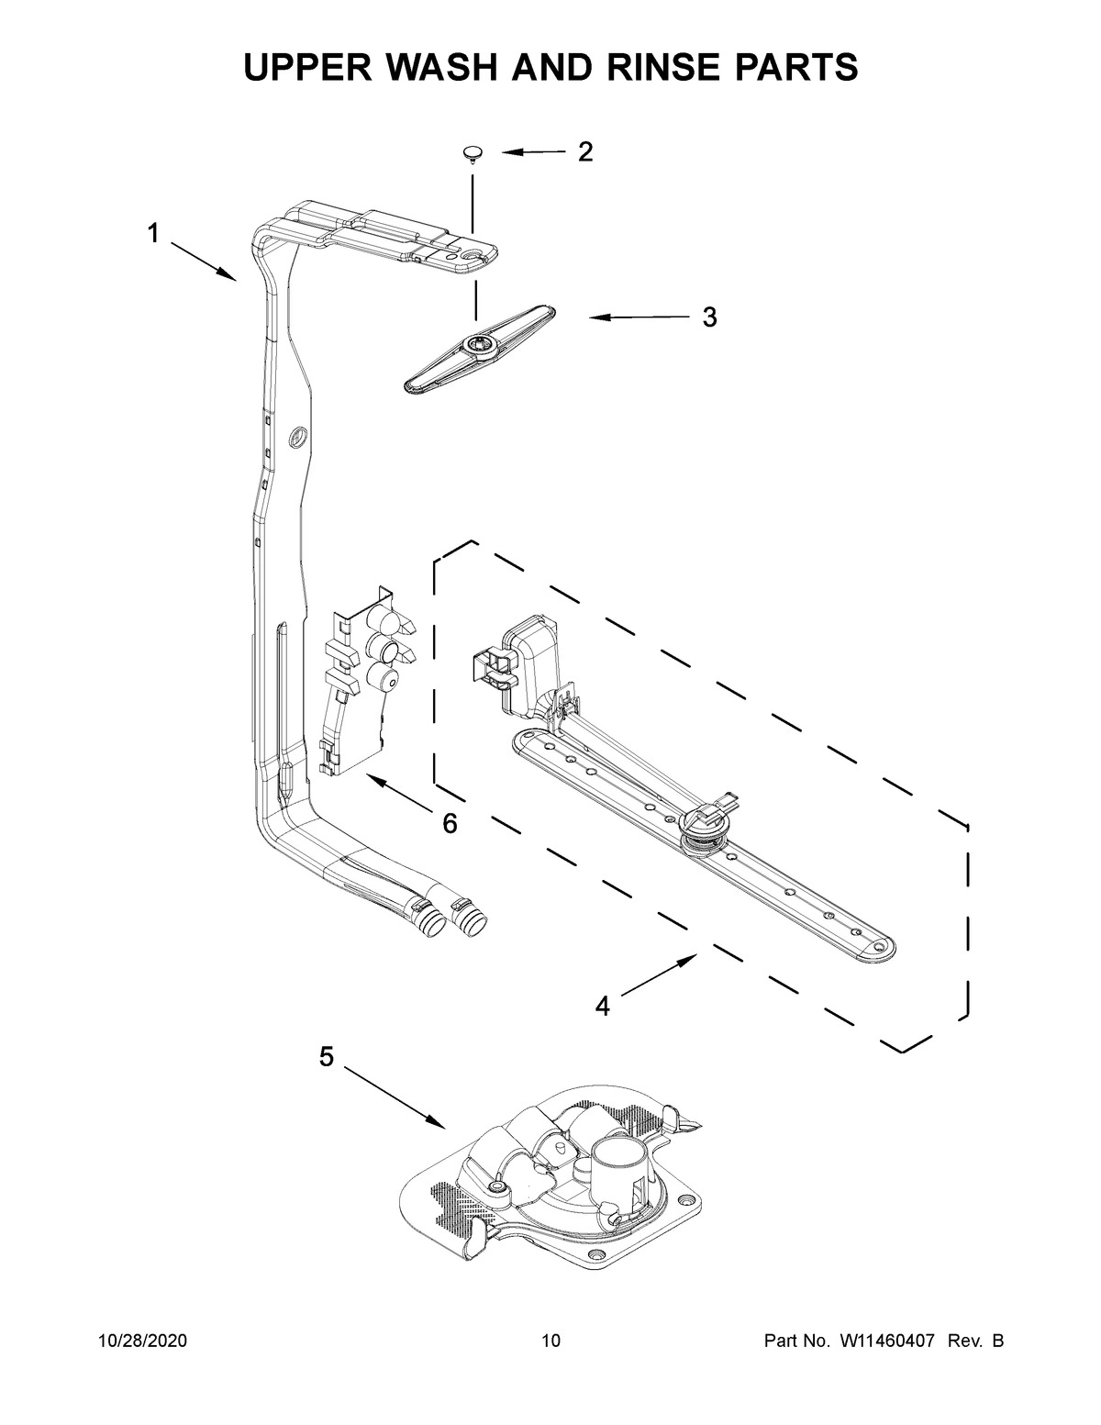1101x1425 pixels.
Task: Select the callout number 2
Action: (584, 152)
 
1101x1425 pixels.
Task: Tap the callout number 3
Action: (709, 318)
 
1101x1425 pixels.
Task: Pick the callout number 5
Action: (326, 1058)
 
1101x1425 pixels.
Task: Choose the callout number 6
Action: (450, 824)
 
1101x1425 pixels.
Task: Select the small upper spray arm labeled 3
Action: (477, 346)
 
